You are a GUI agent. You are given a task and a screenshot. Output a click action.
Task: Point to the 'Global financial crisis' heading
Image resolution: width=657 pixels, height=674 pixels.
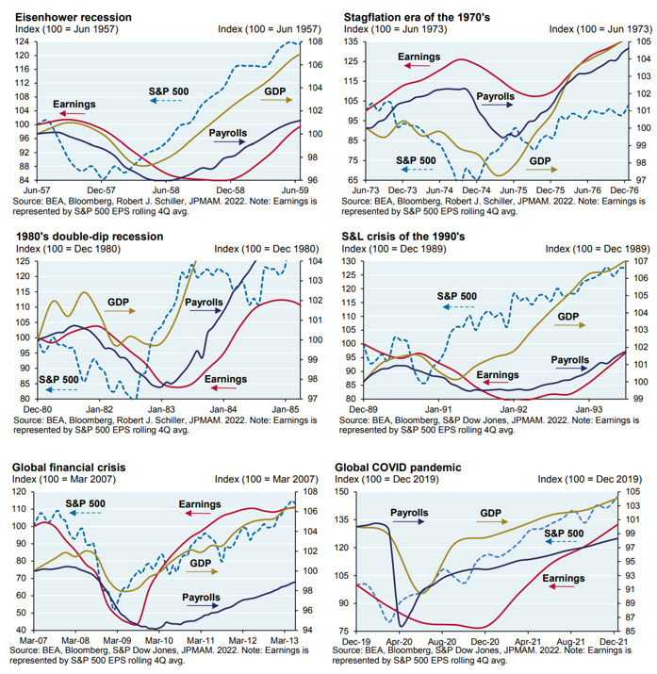tap(74, 466)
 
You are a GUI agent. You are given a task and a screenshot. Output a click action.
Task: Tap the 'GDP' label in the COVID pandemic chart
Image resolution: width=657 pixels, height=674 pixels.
tap(490, 515)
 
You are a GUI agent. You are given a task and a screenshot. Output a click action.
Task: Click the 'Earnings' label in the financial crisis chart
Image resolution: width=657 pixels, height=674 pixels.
tap(200, 505)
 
